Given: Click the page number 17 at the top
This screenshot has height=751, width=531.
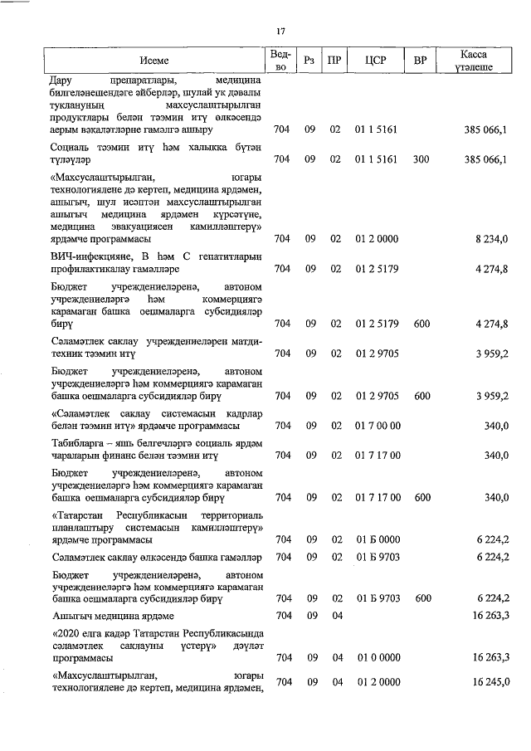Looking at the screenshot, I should (x=280, y=32).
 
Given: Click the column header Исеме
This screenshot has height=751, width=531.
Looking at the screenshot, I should (x=153, y=61).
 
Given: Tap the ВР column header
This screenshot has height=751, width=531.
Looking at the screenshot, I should (x=421, y=61).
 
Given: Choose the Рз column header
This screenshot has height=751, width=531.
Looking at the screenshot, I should (x=309, y=61).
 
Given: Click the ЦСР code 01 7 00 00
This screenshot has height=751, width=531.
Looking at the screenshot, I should (x=378, y=426).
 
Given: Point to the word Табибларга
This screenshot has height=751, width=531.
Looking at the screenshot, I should (x=80, y=455).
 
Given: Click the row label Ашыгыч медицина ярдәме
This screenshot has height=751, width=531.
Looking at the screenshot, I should (x=112, y=616).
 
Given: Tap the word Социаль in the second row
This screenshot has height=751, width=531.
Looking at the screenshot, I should (x=71, y=147).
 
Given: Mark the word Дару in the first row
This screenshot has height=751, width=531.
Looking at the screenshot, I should (x=61, y=80).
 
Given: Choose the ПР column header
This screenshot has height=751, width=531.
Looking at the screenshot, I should (x=334, y=61).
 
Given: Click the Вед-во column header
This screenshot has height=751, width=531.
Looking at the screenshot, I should (x=280, y=61).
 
